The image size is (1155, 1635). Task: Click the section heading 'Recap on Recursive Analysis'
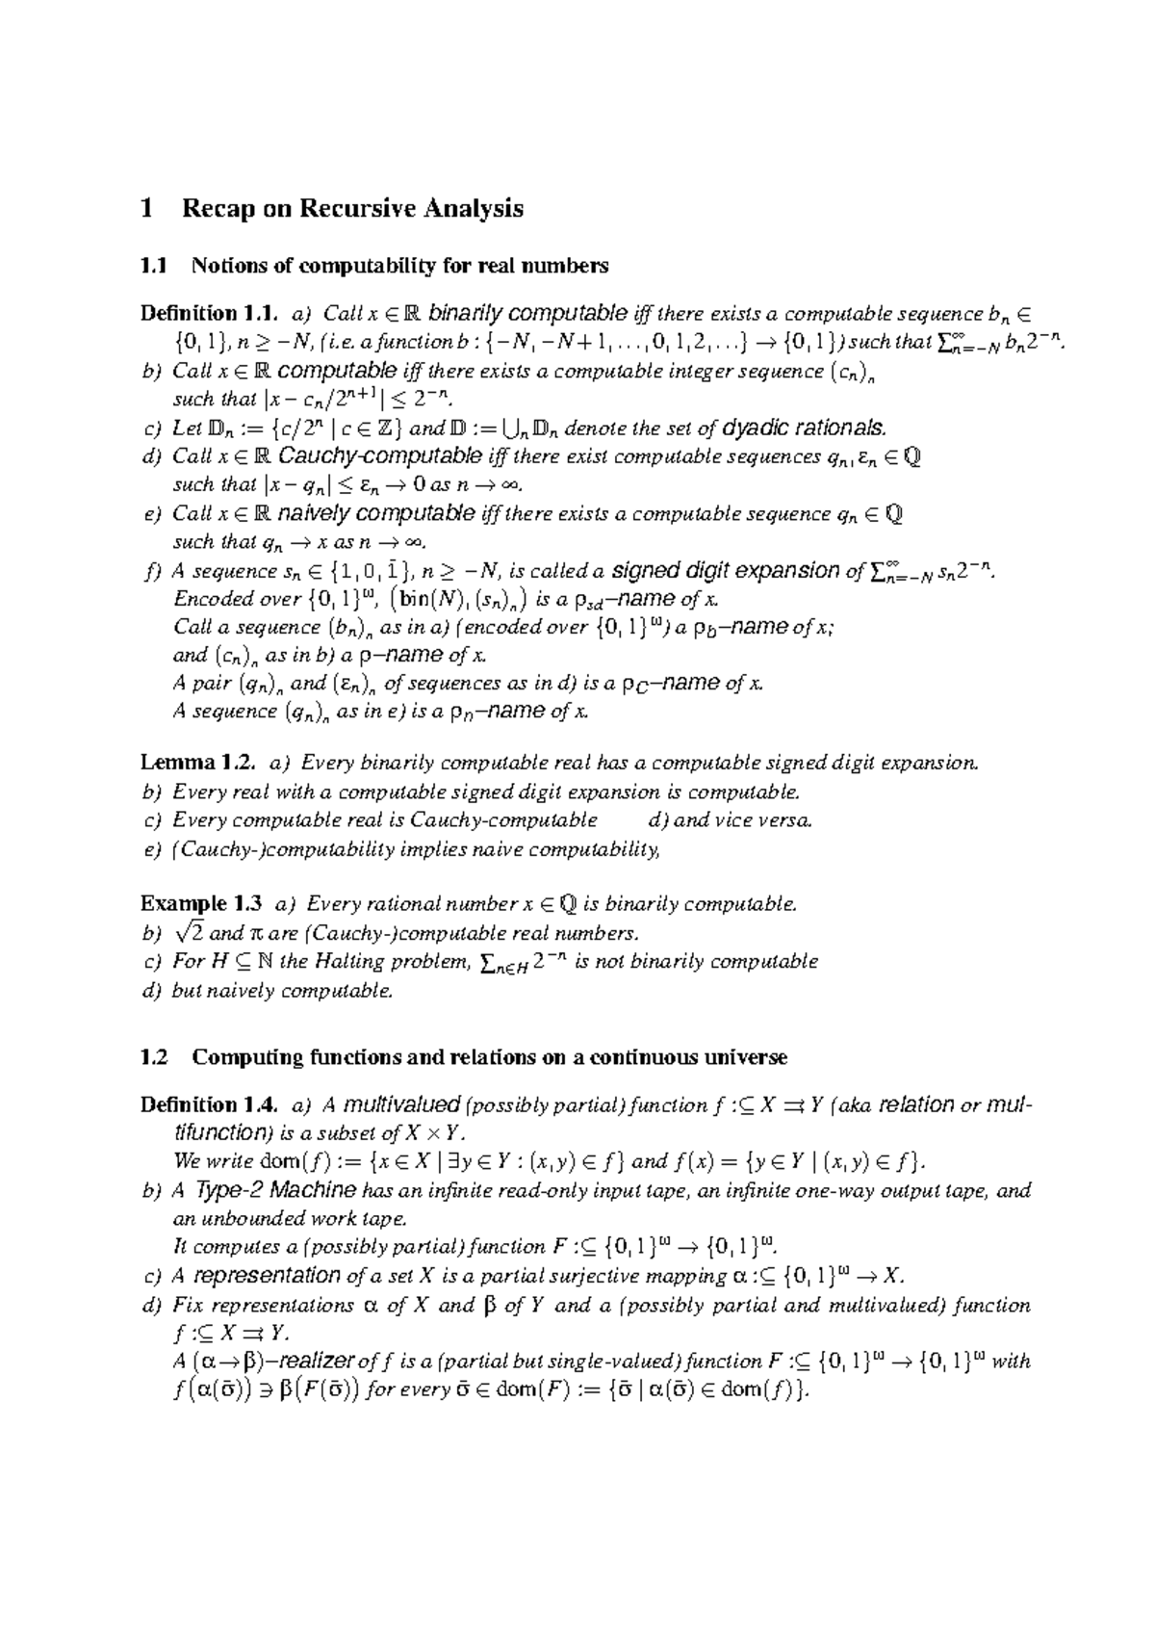click(x=352, y=209)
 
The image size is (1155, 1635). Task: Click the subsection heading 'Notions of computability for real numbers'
click(x=399, y=265)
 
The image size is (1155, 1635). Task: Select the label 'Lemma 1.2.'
click(x=198, y=764)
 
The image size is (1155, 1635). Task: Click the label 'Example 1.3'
click(x=200, y=904)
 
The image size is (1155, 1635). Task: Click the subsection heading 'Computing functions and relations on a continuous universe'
click(x=489, y=1057)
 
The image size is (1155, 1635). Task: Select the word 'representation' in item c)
click(x=267, y=1276)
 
